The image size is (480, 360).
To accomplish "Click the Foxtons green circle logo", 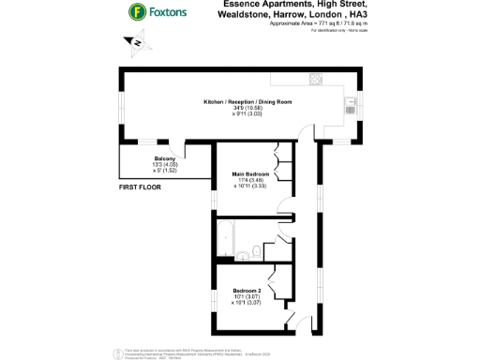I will tap(138, 13).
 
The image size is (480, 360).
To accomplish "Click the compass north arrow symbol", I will tap(135, 42).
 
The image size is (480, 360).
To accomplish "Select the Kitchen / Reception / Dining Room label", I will tap(248, 100).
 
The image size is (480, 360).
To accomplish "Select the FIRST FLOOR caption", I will tap(142, 188).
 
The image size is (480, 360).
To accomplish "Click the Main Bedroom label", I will tap(250, 173).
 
